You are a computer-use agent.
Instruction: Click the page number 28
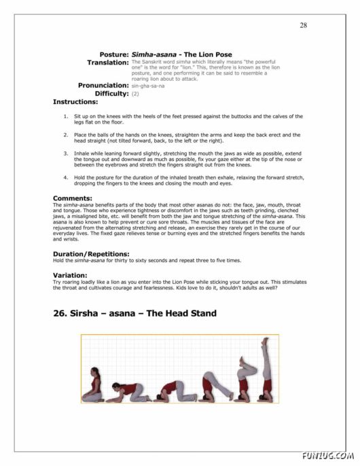pyautogui.click(x=303, y=25)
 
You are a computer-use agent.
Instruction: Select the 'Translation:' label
pyautogui.click(x=108, y=62)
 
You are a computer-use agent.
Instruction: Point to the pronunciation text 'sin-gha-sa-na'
pyautogui.click(x=147, y=86)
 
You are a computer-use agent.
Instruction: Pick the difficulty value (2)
pyautogui.click(x=135, y=94)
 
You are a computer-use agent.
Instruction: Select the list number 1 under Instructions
pyautogui.click(x=65, y=116)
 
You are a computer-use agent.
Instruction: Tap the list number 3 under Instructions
pyautogui.click(x=65, y=154)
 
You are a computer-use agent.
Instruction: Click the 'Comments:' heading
pyautogui.click(x=73, y=198)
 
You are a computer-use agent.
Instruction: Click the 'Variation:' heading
pyautogui.click(x=71, y=275)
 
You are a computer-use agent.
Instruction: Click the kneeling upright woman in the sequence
pyautogui.click(x=92, y=386)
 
